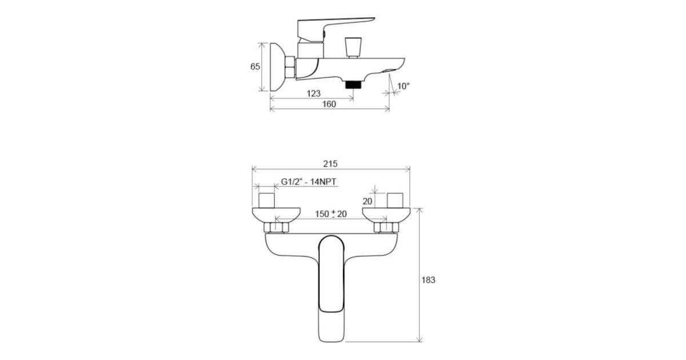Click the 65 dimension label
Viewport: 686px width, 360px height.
(x=255, y=66)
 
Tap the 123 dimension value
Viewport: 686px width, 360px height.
(x=313, y=93)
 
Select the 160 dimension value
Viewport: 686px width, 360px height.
(x=329, y=104)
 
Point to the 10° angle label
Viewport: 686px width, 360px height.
(x=404, y=86)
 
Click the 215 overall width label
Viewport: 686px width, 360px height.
(x=330, y=164)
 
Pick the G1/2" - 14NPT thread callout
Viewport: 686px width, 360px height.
(x=308, y=182)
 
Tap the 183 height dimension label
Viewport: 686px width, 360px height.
(x=428, y=280)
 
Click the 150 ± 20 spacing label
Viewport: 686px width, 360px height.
(x=331, y=214)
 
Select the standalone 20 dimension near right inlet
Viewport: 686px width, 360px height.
(x=367, y=201)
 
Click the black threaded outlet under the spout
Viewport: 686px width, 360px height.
(x=353, y=85)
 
